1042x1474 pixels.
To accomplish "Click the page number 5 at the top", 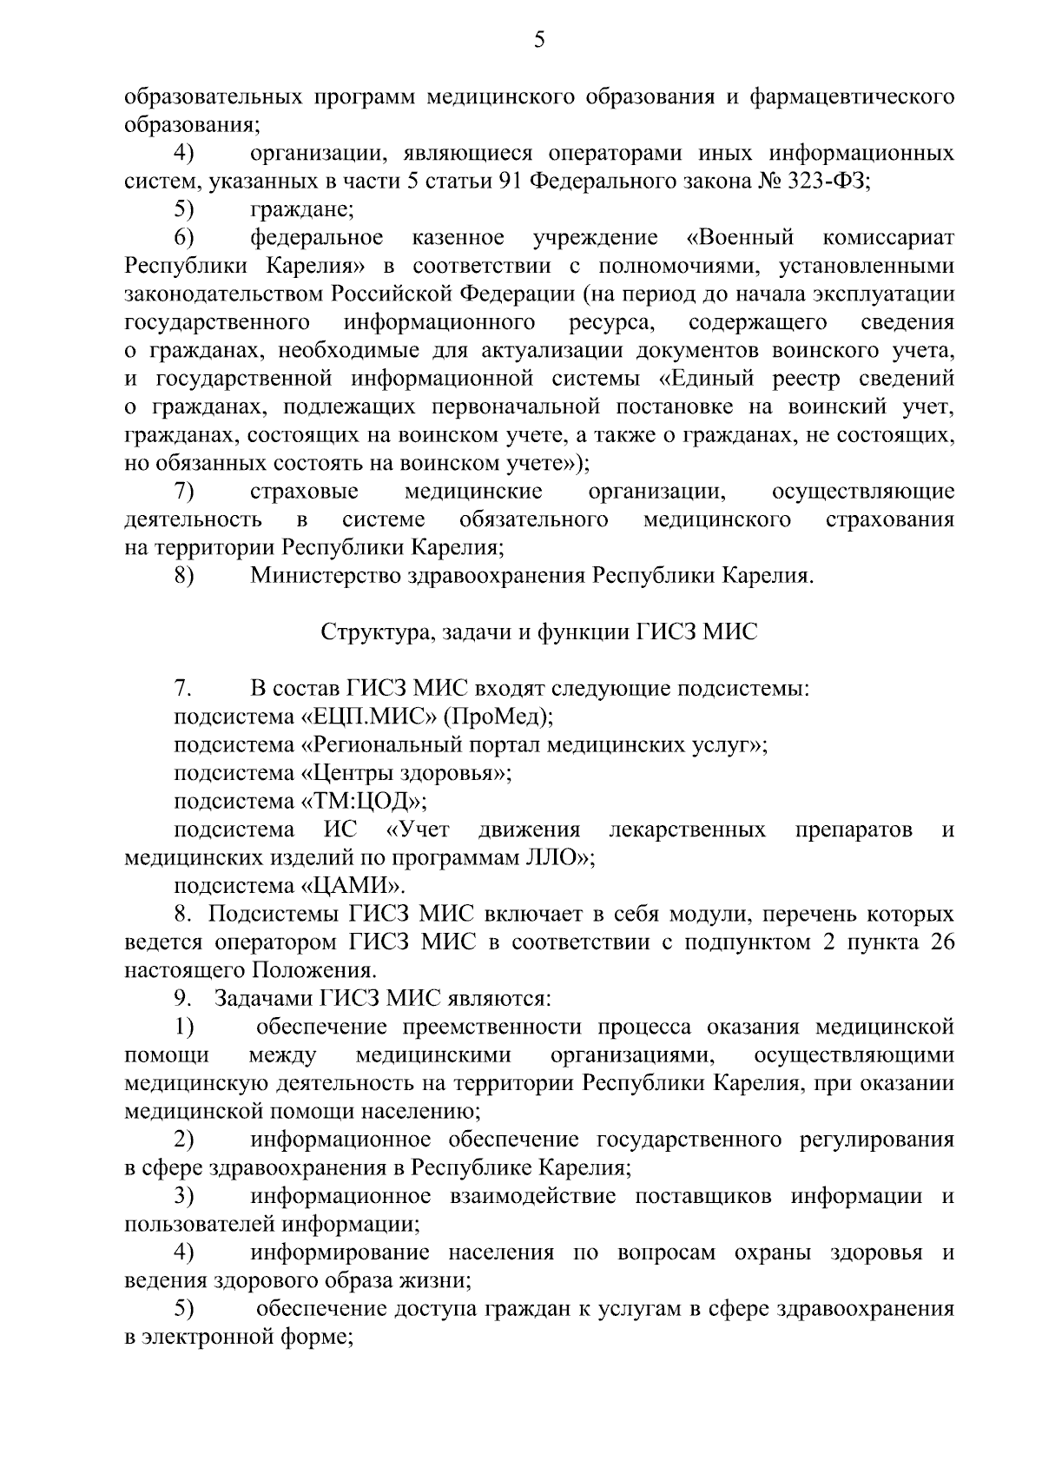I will click(539, 39).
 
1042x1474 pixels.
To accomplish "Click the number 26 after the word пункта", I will click(941, 942).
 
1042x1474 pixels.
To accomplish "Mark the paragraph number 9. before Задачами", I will click(182, 999).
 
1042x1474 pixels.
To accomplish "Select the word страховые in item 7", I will click(304, 492).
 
